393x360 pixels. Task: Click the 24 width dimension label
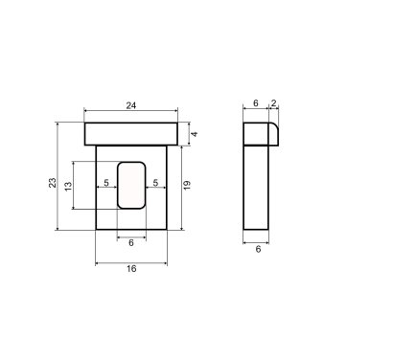click(131, 105)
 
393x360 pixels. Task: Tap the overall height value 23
click(53, 183)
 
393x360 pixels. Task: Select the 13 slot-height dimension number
click(68, 186)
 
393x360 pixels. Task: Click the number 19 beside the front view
click(187, 185)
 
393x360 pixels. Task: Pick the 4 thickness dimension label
click(194, 134)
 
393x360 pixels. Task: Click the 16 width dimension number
click(131, 269)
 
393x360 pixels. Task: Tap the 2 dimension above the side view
click(273, 103)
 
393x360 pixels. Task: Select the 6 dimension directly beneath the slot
click(131, 243)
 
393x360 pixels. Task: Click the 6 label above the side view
click(256, 103)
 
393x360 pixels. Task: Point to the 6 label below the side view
click(258, 249)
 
